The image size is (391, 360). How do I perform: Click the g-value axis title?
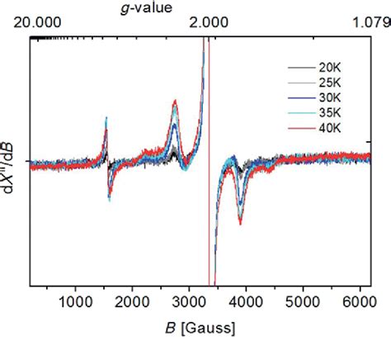[x=149, y=7]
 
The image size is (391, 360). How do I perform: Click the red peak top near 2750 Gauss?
[x=175, y=102]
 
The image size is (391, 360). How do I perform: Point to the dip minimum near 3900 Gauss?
[x=240, y=220]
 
